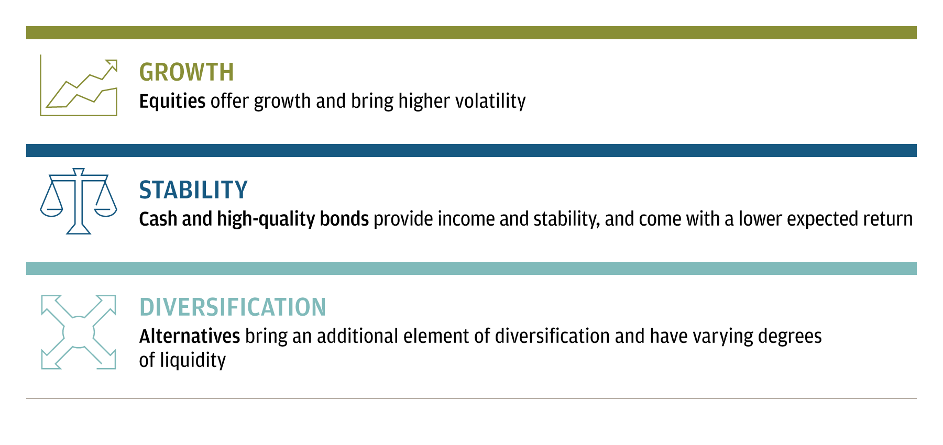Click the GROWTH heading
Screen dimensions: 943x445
187,72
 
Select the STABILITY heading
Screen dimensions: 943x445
193,190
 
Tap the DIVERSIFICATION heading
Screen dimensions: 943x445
233,307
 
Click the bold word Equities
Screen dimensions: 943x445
172,102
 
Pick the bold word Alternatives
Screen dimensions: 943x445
190,336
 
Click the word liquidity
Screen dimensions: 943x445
193,360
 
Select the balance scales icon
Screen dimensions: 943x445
79,201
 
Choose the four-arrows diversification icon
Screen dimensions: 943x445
79,332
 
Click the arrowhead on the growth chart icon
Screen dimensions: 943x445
112,65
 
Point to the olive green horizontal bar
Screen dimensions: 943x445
471,32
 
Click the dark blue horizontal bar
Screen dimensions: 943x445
471,150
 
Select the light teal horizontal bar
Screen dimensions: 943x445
471,268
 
